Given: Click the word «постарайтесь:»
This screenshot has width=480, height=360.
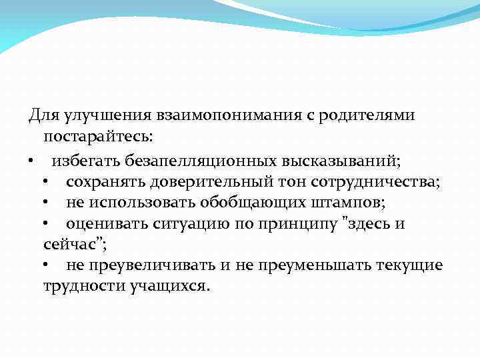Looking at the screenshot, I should pos(98,137).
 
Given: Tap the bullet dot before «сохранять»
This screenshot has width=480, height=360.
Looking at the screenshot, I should pos(44,182).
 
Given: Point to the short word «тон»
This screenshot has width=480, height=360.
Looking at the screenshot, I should pos(271,182).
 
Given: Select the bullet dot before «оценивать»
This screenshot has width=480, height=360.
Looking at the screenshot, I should pos(44,224).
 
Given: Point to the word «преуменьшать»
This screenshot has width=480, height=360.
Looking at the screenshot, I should pos(312,265).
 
